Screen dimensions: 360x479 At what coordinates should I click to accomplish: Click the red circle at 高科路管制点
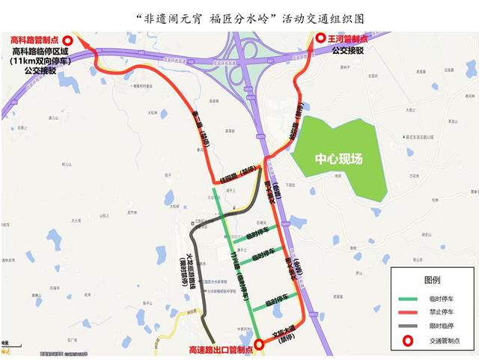68,41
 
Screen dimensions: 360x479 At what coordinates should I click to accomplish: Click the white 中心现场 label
338,159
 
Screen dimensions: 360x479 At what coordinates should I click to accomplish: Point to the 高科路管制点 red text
34,40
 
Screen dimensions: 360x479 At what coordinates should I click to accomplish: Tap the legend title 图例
432,280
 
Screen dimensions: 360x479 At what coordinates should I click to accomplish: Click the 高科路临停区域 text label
40,52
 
